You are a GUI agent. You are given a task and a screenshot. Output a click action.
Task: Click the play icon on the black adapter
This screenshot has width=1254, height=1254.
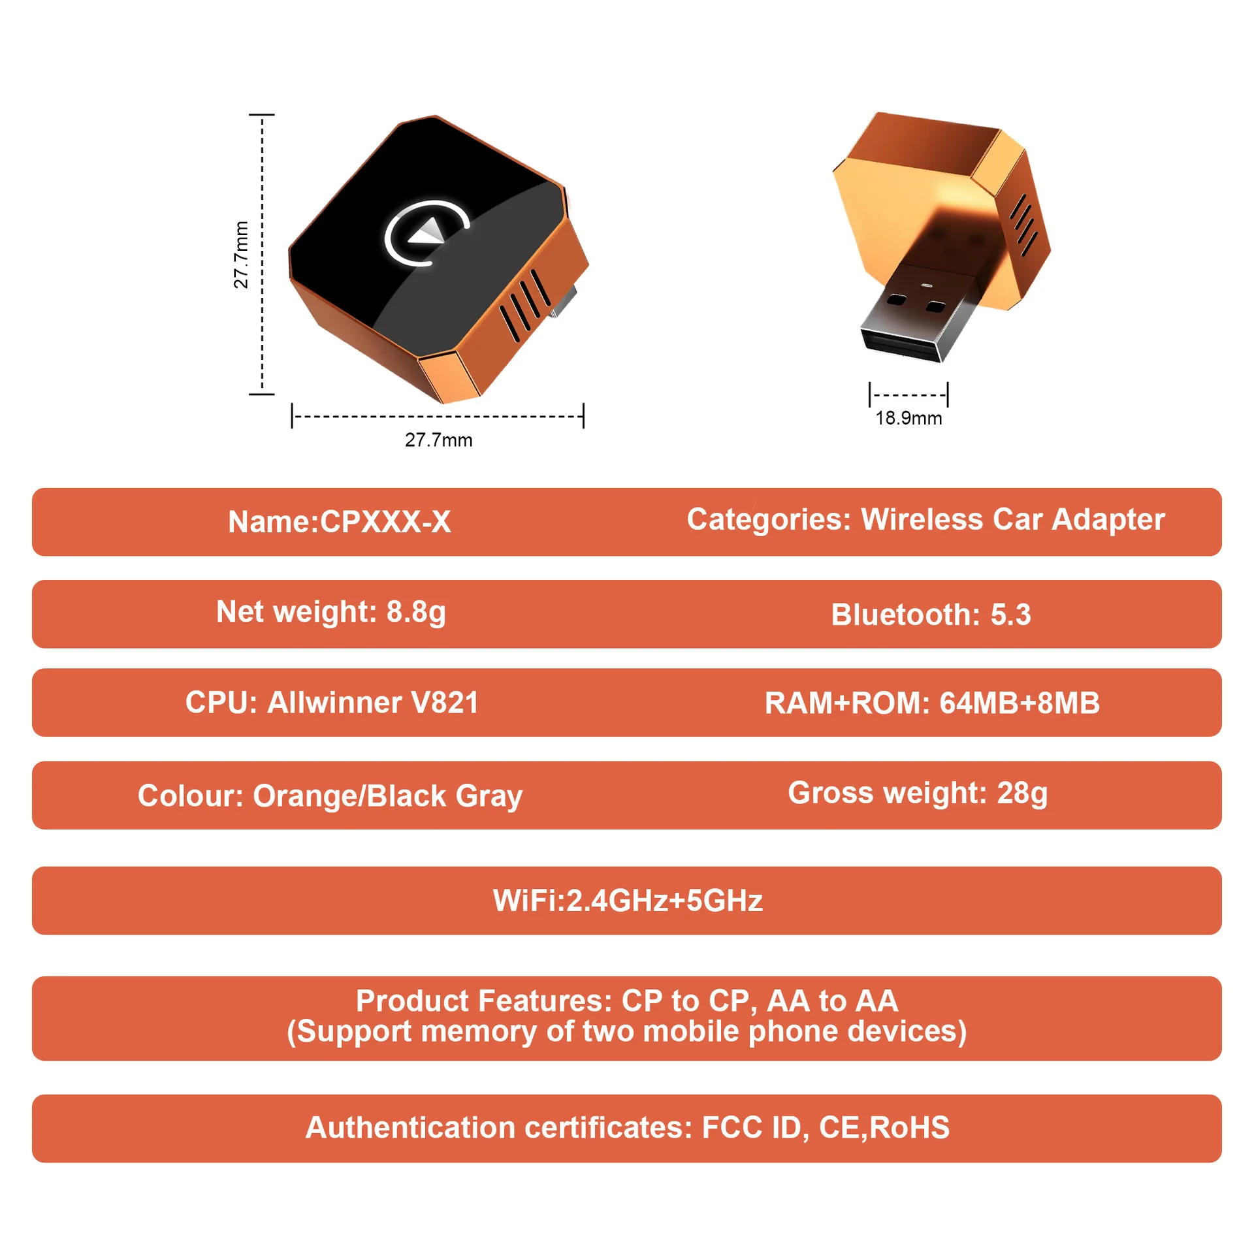pyautogui.click(x=428, y=233)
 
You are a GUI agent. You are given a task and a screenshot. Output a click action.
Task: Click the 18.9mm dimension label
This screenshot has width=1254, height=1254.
pyautogui.click(x=908, y=418)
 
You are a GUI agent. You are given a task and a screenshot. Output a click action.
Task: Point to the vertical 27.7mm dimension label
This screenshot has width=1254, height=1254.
pyautogui.click(x=241, y=255)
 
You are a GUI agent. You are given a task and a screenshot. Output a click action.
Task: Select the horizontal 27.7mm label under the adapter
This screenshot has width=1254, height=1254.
pyautogui.click(x=438, y=440)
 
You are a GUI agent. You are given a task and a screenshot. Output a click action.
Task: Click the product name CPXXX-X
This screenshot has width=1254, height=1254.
pyautogui.click(x=385, y=522)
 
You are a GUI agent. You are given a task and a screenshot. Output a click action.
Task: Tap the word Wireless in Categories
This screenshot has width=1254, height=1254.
pyautogui.click(x=922, y=520)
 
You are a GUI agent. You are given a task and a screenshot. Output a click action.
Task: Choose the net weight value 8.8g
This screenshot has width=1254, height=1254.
pyautogui.click(x=416, y=612)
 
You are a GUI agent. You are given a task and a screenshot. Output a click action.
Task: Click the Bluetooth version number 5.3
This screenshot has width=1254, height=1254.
pyautogui.click(x=1010, y=615)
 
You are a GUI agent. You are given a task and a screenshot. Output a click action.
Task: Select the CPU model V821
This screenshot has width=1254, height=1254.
pyautogui.click(x=444, y=703)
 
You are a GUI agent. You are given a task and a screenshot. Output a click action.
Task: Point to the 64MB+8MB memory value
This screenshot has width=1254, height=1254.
pyautogui.click(x=1020, y=703)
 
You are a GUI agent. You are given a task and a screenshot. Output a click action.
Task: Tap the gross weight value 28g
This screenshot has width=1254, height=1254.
pyautogui.click(x=1021, y=794)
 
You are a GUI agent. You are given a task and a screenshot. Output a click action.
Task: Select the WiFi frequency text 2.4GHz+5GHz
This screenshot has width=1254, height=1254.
pyautogui.click(x=664, y=901)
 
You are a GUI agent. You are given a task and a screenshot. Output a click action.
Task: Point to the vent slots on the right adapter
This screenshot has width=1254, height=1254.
pyautogui.click(x=1023, y=224)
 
